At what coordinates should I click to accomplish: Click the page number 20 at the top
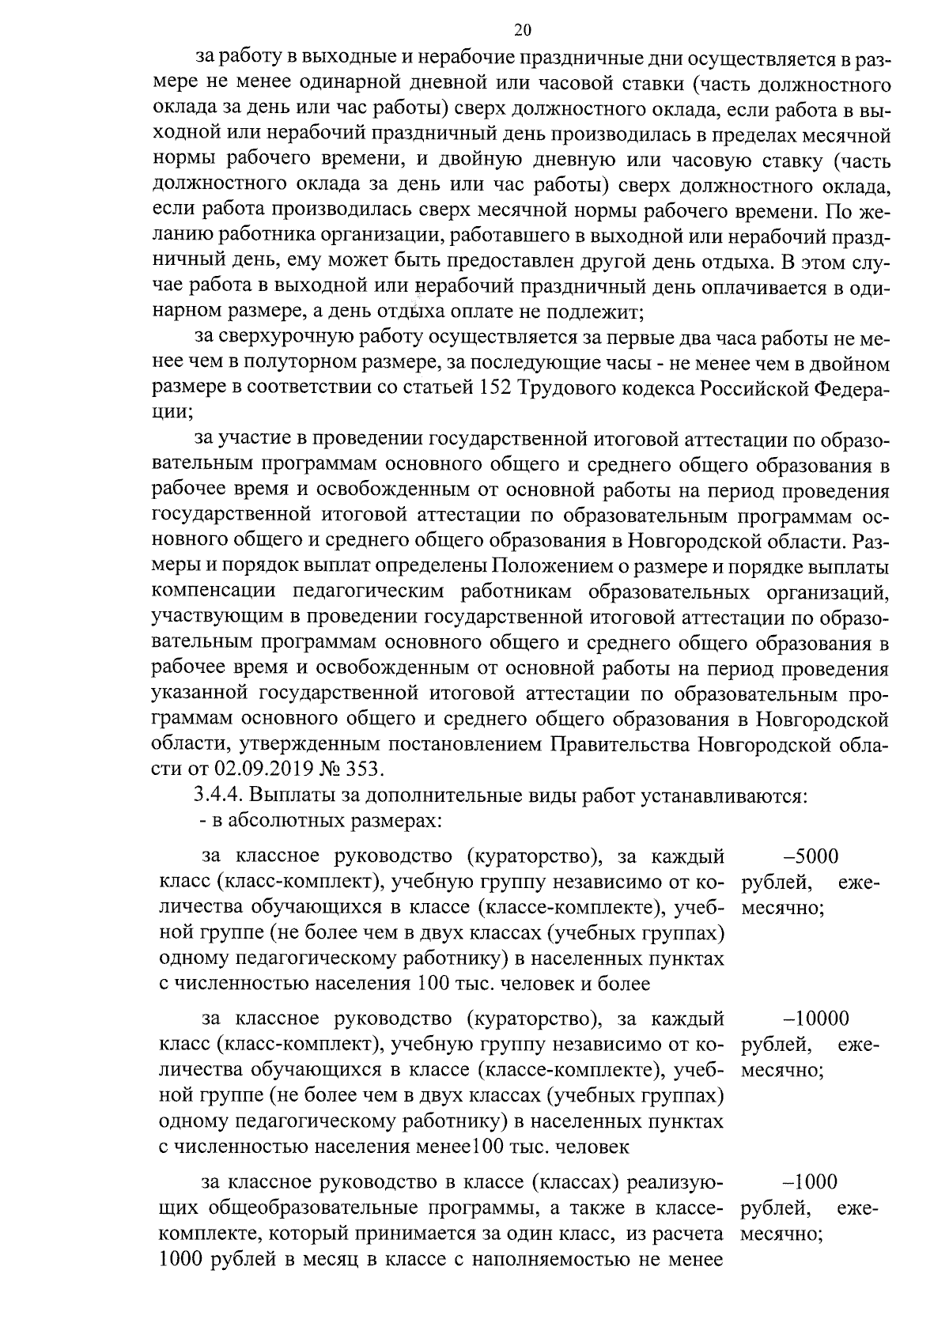click(x=523, y=30)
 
